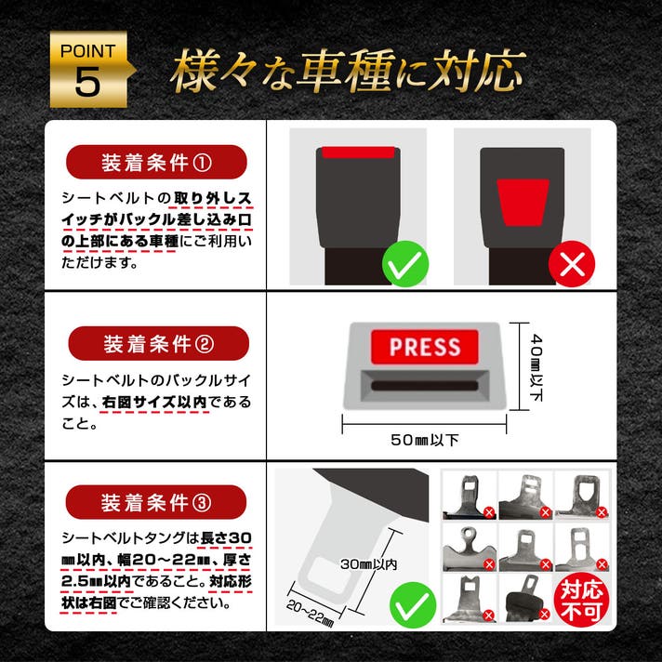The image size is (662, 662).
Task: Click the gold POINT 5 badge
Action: (x=89, y=69)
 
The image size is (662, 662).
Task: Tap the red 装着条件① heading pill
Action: (x=156, y=162)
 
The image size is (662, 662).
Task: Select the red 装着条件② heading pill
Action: (x=158, y=344)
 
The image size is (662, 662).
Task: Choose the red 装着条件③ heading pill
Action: (x=156, y=502)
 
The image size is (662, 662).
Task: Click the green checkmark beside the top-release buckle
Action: (x=405, y=264)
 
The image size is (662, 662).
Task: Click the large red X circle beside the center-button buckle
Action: (x=572, y=264)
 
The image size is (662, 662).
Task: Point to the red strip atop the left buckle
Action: (x=359, y=152)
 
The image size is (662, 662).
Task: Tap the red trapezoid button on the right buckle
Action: (x=523, y=203)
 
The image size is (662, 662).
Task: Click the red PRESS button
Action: (x=425, y=347)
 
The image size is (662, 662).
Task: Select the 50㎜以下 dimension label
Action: (x=424, y=441)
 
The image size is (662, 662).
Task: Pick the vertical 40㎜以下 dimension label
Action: (x=536, y=367)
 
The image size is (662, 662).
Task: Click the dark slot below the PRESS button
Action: (x=425, y=386)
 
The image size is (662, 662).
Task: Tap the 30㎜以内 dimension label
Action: (x=368, y=564)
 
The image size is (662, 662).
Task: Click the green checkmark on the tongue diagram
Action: (x=413, y=604)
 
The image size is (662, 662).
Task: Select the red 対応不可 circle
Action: (x=581, y=601)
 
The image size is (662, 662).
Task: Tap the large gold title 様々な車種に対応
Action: (x=348, y=70)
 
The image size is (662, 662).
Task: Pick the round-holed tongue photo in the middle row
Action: (x=470, y=548)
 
